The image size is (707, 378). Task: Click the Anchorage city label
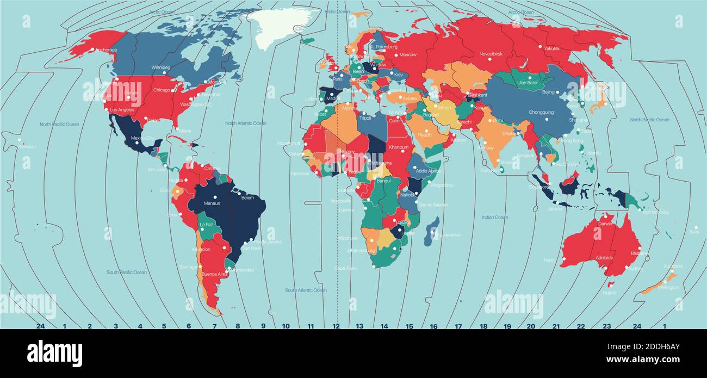pyautogui.click(x=106, y=50)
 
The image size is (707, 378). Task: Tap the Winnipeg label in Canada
pyautogui.click(x=160, y=67)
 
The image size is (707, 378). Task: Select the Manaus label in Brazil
pyautogui.click(x=212, y=203)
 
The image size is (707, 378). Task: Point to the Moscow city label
pyautogui.click(x=408, y=55)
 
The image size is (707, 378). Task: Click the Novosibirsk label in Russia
pyautogui.click(x=491, y=54)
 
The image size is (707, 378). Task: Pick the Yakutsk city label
pyautogui.click(x=551, y=48)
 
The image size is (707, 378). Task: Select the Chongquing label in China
pyautogui.click(x=541, y=113)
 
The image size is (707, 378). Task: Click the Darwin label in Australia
pyautogui.click(x=605, y=224)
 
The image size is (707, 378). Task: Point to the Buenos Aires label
pyautogui.click(x=214, y=275)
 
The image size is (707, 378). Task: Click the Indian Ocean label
pyautogui.click(x=494, y=218)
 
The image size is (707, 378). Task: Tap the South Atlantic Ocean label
pyautogui.click(x=306, y=290)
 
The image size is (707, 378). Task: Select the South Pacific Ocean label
pyautogui.click(x=126, y=272)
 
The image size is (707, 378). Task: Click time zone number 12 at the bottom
pyautogui.click(x=336, y=327)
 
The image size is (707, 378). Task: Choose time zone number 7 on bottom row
pyautogui.click(x=214, y=327)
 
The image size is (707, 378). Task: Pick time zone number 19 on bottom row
pyautogui.click(x=507, y=327)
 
